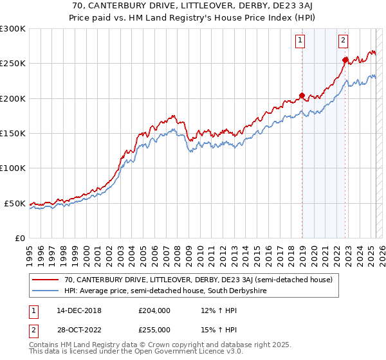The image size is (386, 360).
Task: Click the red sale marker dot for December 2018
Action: coord(302,96)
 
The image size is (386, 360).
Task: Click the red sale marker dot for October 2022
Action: coord(345,60)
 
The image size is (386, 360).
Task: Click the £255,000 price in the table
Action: coord(154,329)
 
